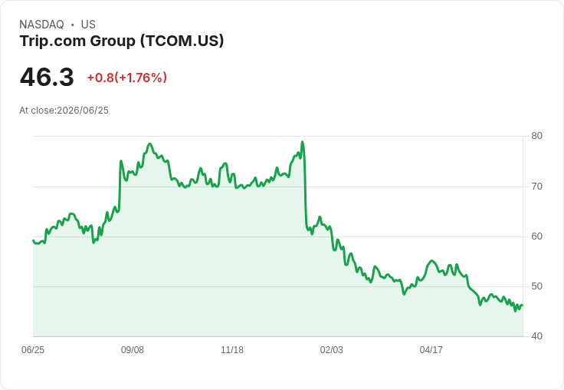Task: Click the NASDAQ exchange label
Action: pos(41,25)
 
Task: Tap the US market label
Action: pos(88,25)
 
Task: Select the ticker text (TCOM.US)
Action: pos(182,41)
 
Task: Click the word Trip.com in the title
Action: pos(53,41)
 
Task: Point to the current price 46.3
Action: pos(47,77)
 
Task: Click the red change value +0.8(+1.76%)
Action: pos(127,78)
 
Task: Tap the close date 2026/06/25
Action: pos(83,111)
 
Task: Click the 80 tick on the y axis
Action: pos(536,136)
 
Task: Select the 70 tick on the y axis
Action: pos(536,187)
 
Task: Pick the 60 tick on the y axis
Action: pos(536,236)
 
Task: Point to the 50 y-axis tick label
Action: pos(536,286)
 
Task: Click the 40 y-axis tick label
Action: pos(536,336)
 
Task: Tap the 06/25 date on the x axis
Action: pos(33,349)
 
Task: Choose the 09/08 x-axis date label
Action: pos(133,349)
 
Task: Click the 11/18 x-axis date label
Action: pos(232,349)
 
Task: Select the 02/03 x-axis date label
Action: pos(332,349)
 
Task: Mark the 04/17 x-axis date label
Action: pos(431,349)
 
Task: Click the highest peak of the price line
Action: pos(302,142)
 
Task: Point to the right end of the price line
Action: pos(523,306)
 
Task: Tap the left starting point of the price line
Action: pos(33,240)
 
